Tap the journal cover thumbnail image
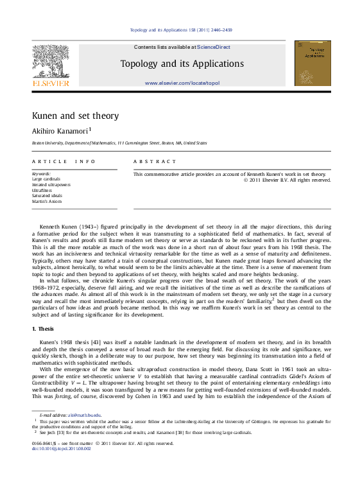coord(313,64)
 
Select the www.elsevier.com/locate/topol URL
coord(182,83)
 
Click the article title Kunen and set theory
coord(75,116)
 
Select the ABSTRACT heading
coord(154,162)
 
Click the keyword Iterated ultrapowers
coord(51,184)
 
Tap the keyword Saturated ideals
coord(48,196)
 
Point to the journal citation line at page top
coord(181,30)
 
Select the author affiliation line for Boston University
coord(119,143)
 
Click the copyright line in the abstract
coord(287,180)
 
